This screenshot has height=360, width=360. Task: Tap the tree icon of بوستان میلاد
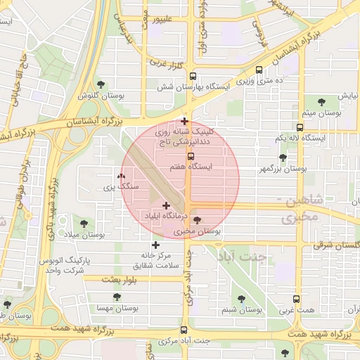[84, 223]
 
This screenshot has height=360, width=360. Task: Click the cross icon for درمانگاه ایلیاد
[166, 205]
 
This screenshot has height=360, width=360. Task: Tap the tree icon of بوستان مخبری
[197, 220]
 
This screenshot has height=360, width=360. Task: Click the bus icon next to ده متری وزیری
[259, 70]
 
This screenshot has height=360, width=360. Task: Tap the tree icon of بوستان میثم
[323, 102]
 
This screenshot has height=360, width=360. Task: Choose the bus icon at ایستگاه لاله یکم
[300, 128]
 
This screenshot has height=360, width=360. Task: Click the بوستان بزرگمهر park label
[283, 169]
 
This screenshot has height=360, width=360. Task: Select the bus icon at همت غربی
[296, 299]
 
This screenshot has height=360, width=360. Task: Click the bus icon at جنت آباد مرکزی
[184, 330]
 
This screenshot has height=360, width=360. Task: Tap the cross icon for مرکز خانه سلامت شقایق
[155, 245]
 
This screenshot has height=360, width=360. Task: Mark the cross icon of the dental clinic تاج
[184, 122]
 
